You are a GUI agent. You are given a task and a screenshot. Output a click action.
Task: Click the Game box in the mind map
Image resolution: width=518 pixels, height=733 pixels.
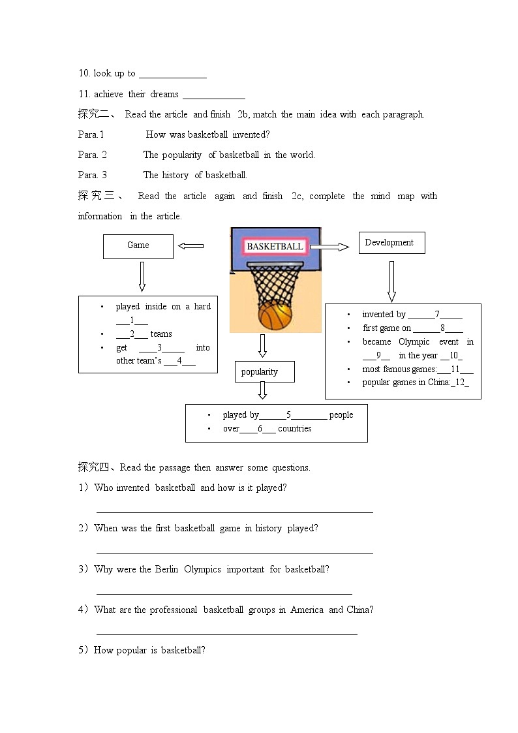138,246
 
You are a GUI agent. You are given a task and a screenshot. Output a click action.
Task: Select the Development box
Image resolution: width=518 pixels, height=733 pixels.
391,243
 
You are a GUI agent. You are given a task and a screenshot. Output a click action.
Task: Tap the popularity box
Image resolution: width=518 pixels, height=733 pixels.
264,372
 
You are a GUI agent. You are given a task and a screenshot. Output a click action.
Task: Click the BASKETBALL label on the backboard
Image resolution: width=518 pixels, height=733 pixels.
275,247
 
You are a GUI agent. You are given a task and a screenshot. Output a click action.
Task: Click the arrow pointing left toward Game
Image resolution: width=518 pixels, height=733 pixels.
190,246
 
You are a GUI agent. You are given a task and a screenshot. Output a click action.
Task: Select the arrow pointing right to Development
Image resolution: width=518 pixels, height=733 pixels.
329,247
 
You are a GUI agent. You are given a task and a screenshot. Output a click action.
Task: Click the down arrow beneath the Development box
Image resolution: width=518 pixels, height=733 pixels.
391,281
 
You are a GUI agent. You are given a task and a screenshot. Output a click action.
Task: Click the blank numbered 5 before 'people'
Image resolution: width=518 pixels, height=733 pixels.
288,415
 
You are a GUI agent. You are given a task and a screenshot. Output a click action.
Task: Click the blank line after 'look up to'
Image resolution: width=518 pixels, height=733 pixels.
173,74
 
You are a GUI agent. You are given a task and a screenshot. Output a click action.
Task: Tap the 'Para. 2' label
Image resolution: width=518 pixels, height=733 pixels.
92,155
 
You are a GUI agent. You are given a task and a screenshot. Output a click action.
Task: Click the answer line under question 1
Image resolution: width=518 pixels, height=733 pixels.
235,512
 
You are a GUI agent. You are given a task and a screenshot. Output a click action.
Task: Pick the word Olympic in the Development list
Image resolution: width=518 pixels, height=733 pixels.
414,341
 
